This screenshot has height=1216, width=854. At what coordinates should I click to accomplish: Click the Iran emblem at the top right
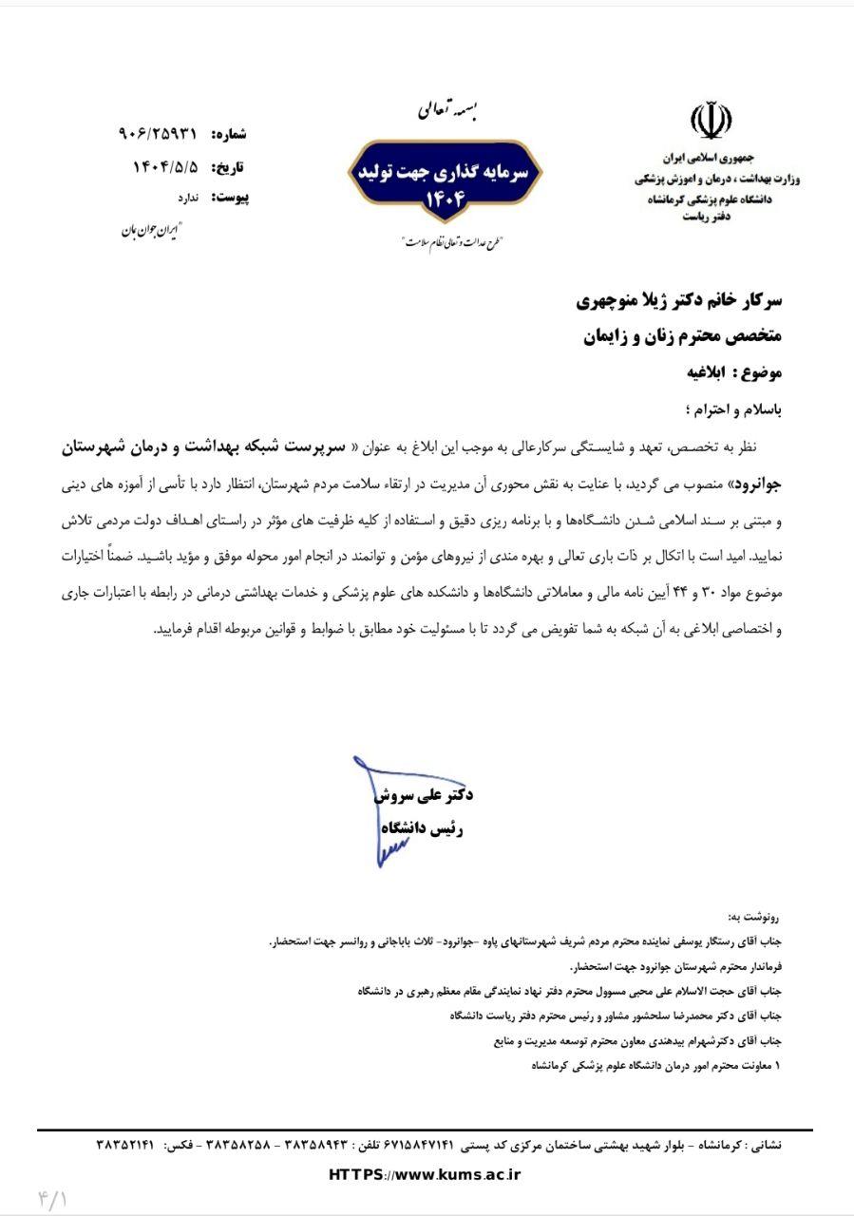click(711, 123)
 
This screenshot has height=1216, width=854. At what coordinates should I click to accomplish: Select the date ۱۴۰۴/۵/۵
click(165, 167)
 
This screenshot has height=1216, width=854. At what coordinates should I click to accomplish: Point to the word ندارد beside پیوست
click(187, 198)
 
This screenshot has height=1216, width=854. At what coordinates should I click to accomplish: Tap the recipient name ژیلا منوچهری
click(628, 302)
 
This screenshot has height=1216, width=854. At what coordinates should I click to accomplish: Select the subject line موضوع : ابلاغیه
click(733, 372)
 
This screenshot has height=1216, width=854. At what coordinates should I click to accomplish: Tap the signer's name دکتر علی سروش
click(424, 794)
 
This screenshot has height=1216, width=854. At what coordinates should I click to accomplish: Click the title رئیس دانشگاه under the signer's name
click(422, 828)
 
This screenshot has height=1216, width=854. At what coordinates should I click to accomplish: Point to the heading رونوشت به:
click(754, 918)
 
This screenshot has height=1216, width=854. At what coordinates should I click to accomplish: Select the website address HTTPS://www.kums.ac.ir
click(425, 1175)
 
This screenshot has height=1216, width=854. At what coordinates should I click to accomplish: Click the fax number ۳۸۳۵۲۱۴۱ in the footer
click(124, 1146)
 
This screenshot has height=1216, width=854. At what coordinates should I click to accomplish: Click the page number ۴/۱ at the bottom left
click(52, 1198)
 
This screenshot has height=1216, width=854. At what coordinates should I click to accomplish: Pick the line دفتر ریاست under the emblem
click(706, 218)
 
